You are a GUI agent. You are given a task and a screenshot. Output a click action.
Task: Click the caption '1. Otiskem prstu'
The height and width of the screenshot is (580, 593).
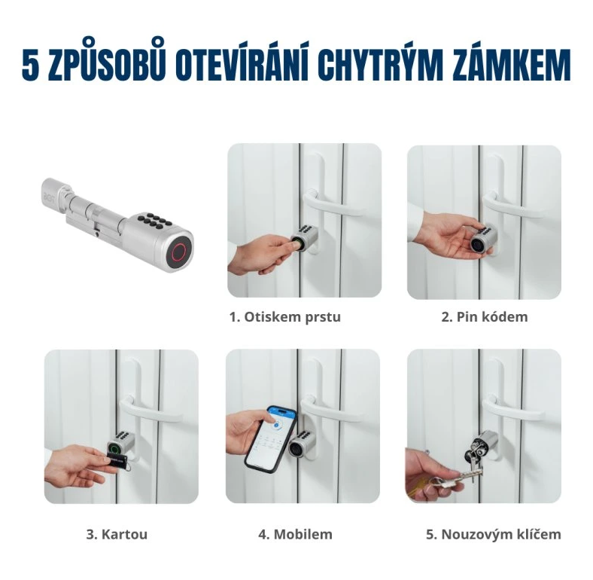pos(284,317)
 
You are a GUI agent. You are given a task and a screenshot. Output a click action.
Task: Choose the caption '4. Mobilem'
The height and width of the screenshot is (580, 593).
pos(295,535)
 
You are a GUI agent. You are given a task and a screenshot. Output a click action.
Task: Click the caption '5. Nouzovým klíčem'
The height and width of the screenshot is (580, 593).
pos(493,535)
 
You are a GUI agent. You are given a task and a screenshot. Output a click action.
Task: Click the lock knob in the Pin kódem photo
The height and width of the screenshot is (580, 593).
pos(483,240)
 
